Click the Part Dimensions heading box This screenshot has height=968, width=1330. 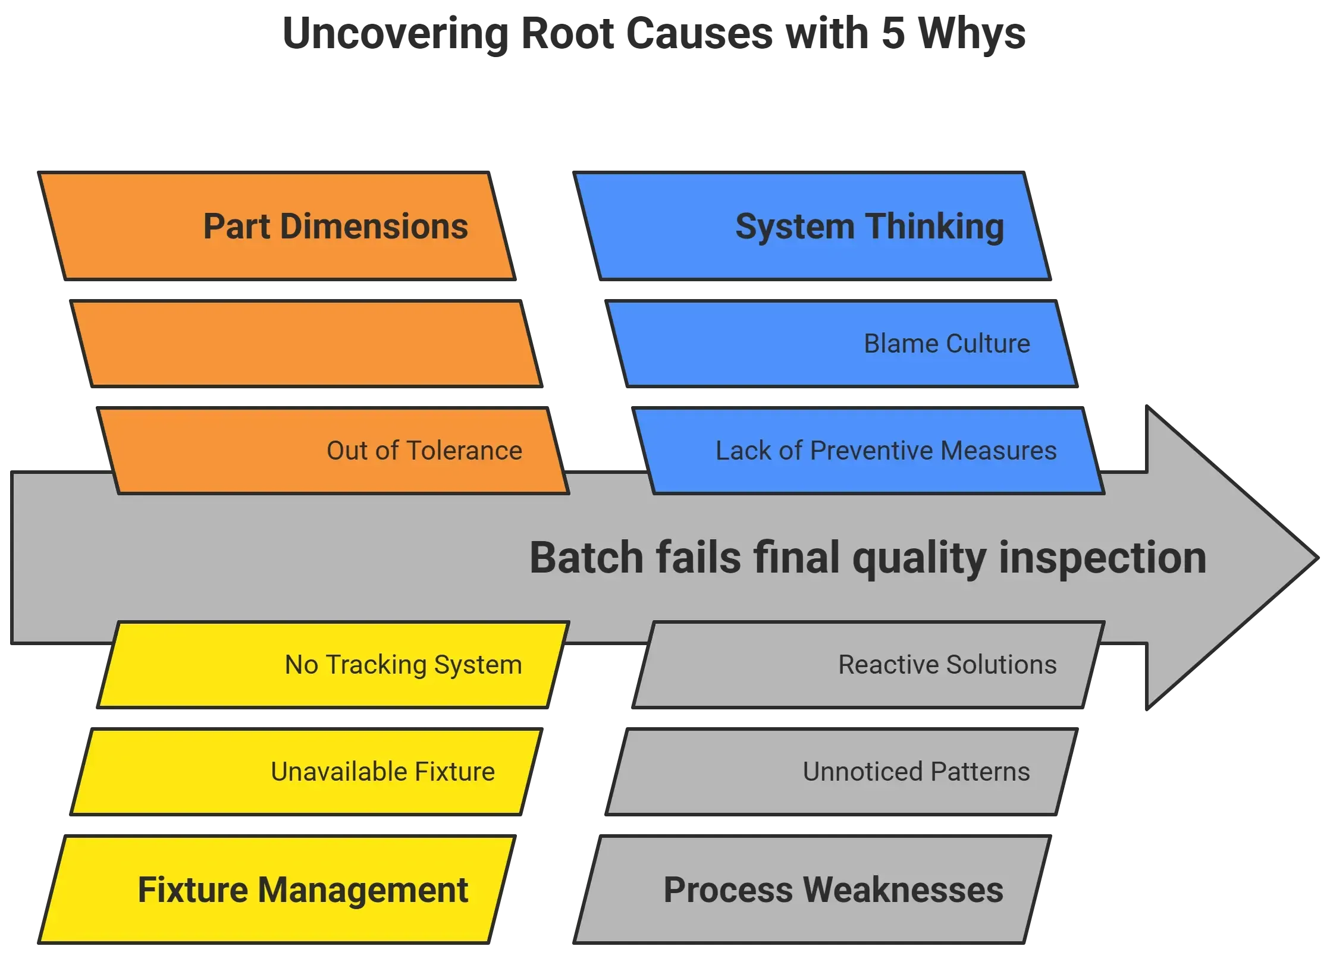[277, 227]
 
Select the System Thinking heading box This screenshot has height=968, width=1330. [812, 227]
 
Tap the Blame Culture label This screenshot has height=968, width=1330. [946, 344]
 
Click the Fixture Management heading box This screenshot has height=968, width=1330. [277, 890]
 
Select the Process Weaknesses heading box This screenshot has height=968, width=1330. [812, 890]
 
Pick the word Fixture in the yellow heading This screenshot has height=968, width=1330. [192, 890]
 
